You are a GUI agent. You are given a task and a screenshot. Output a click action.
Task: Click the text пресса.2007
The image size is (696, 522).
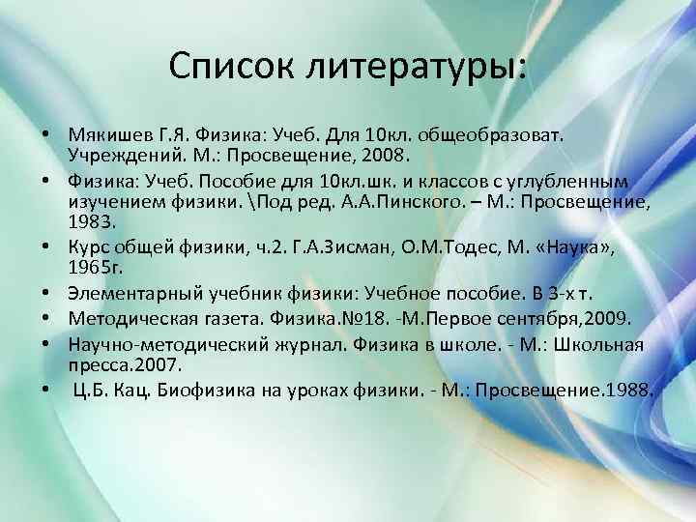123,366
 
